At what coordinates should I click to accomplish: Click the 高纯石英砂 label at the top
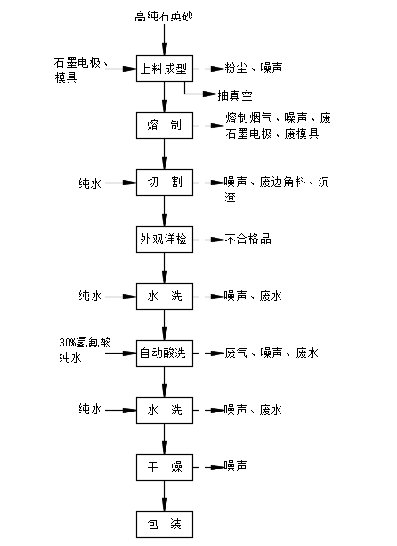pos(164,16)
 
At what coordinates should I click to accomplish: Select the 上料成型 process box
pos(165,69)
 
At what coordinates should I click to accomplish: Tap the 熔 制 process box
pos(165,126)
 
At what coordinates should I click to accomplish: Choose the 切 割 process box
pos(165,183)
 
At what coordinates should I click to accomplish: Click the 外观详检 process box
pos(165,240)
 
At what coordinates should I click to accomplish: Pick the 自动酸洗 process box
pos(165,354)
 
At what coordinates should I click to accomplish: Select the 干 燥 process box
pos(165,468)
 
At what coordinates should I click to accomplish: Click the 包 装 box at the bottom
pos(165,525)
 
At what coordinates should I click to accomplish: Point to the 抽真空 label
pos(235,95)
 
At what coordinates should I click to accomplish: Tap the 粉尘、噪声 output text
pos(254,68)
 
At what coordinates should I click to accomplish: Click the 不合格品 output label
pos(247,240)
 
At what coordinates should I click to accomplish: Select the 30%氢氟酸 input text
pos(85,343)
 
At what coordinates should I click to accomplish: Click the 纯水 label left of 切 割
pos(90,183)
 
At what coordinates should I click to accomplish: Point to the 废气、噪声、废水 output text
pos(271,353)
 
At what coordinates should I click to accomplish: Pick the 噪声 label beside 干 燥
pos(235,466)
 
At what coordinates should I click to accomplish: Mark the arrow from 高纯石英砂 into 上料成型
pos(165,39)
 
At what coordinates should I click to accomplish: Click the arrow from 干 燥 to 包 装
pos(165,496)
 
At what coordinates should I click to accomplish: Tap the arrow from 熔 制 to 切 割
pos(165,154)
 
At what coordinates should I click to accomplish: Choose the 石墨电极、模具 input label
pos(81,70)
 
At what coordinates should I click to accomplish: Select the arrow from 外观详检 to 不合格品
pos(209,240)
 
